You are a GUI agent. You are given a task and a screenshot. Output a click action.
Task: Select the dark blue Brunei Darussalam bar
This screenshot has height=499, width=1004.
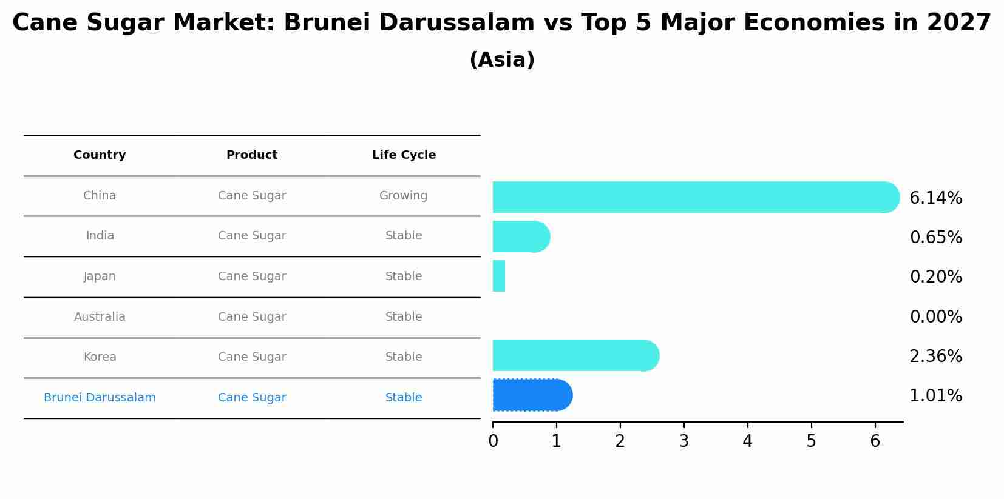click(532, 395)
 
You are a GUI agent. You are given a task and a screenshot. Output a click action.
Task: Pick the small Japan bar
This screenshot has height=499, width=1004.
click(499, 276)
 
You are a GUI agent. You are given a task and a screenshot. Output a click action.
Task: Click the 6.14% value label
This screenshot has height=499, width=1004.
click(935, 198)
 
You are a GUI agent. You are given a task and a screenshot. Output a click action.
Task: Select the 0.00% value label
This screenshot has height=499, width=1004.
click(935, 317)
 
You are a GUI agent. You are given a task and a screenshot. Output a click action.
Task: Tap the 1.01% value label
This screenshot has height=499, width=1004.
click(935, 396)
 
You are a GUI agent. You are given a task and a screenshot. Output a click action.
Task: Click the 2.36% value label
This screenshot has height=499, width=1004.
click(935, 357)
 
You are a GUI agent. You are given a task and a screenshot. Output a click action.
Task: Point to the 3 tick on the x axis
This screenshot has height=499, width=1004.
click(683, 441)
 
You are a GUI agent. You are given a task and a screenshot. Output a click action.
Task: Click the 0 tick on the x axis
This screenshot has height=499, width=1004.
click(493, 441)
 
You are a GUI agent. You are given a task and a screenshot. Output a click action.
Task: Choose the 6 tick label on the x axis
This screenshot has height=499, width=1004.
click(875, 441)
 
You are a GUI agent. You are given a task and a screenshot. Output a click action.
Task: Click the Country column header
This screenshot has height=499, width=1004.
click(100, 155)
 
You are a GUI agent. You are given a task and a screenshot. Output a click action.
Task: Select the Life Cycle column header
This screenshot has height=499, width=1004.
click(404, 155)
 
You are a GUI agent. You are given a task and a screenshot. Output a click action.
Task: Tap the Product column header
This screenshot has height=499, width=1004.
click(252, 155)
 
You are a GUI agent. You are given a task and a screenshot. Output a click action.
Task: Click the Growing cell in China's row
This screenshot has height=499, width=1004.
click(404, 196)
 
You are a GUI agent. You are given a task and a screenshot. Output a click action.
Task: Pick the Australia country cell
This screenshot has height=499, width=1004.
click(100, 317)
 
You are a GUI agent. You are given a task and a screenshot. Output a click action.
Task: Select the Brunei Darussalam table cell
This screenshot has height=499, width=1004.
click(100, 398)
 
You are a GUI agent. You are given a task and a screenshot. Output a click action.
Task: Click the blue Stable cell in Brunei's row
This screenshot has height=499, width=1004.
click(404, 398)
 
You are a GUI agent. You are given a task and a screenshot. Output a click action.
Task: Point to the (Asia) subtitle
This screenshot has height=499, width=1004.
click(502, 60)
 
